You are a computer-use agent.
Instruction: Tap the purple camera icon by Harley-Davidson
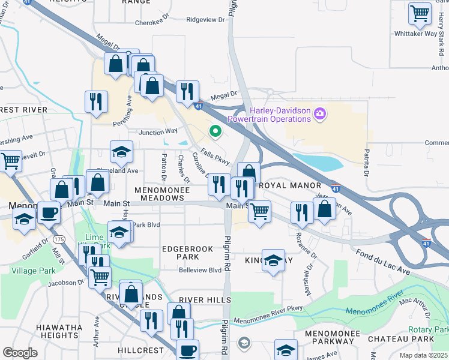pos(320,113)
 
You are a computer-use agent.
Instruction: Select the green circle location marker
pos(215,130)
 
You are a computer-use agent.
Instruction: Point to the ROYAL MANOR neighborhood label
pos(291,186)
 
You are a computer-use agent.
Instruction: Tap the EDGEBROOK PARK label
pos(179,252)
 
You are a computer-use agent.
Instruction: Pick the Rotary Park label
pos(429,330)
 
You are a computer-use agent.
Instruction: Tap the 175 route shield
pos(59,239)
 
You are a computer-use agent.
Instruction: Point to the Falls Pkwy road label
pos(215,158)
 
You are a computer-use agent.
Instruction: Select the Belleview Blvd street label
pos(200,271)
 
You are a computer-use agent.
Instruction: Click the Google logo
pos(20,353)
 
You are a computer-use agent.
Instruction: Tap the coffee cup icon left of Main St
pos(48,212)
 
